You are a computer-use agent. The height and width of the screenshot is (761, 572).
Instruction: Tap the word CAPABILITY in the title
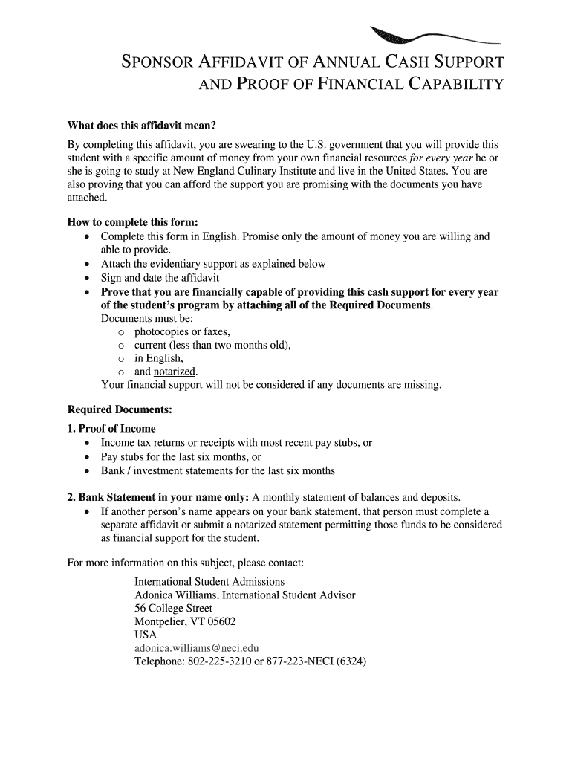tap(454, 84)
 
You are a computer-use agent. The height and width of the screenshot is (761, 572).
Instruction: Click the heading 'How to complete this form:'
tap(133, 222)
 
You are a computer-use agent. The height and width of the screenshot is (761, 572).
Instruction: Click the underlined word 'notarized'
tap(175, 371)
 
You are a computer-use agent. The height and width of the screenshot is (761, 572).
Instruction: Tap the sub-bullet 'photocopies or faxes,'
tap(182, 331)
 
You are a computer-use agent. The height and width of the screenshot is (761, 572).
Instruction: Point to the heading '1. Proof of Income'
tap(111, 428)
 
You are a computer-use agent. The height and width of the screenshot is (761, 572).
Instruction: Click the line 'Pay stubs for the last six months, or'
tap(181, 456)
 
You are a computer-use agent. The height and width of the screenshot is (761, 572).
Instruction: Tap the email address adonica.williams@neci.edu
tap(196, 647)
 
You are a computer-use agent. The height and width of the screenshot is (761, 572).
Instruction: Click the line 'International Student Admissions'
tap(209, 581)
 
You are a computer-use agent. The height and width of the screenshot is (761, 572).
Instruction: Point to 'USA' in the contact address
tap(146, 635)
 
